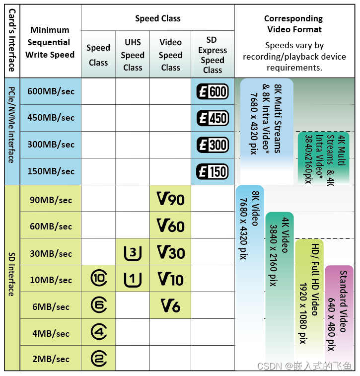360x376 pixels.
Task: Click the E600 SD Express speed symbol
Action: pyautogui.click(x=213, y=91)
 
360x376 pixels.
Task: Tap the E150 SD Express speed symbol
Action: pyautogui.click(x=213, y=172)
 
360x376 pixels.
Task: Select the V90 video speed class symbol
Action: pyautogui.click(x=170, y=199)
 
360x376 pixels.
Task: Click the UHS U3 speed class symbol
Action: pyautogui.click(x=133, y=253)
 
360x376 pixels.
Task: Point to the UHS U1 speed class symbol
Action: pyautogui.click(x=133, y=280)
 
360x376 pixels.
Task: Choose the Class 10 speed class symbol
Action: pyautogui.click(x=99, y=279)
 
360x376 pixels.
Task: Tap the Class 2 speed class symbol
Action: pyautogui.click(x=99, y=359)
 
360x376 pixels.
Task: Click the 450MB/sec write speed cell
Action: pyautogui.click(x=51, y=118)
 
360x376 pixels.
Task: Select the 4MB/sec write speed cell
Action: pyautogui.click(x=51, y=333)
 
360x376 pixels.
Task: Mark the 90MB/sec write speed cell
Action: pyautogui.click(x=51, y=199)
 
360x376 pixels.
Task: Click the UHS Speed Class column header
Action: pyautogui.click(x=133, y=55)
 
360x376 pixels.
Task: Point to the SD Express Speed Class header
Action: pyautogui.click(x=213, y=55)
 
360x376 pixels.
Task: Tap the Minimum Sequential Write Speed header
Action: pyautogui.click(x=50, y=42)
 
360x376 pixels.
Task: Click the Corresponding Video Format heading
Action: pyautogui.click(x=293, y=24)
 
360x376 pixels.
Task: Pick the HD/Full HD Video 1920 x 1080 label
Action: pyautogui.click(x=309, y=293)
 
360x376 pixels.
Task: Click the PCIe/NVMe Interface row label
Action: pyautogui.click(x=11, y=132)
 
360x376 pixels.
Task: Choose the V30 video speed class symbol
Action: pyautogui.click(x=170, y=252)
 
